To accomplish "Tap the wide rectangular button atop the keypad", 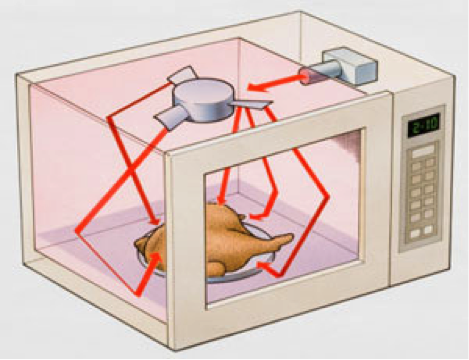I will click(422, 151).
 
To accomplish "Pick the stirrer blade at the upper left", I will click(182, 75).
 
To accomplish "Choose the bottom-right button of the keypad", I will click(430, 230).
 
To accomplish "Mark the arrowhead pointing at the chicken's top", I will click(221, 204).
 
